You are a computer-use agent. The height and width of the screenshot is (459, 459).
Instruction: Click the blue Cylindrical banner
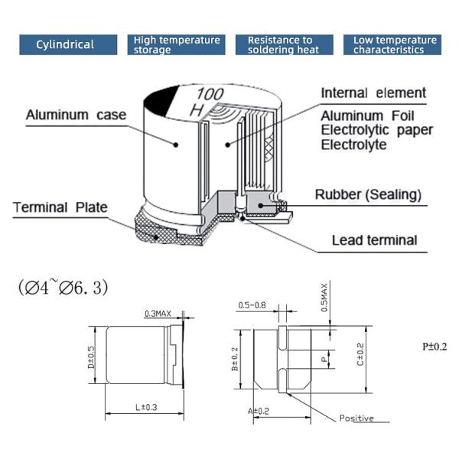pyautogui.click(x=66, y=44)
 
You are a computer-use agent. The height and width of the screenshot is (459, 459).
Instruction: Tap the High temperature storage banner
pyautogui.click(x=176, y=44)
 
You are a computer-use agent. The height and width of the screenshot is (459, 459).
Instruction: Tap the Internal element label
pyautogui.click(x=373, y=93)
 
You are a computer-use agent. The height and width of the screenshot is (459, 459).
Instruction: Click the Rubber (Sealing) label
pyautogui.click(x=369, y=195)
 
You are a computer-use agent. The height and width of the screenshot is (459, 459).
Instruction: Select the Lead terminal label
pyautogui.click(x=374, y=240)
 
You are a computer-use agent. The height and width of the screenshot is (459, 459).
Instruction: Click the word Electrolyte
pyautogui.click(x=353, y=144)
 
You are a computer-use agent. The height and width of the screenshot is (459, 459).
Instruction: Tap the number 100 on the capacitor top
pyautogui.click(x=210, y=94)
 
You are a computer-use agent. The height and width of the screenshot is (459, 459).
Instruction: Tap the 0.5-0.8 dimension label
pyautogui.click(x=252, y=305)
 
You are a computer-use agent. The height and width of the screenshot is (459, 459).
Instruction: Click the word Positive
pyautogui.click(x=356, y=418)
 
